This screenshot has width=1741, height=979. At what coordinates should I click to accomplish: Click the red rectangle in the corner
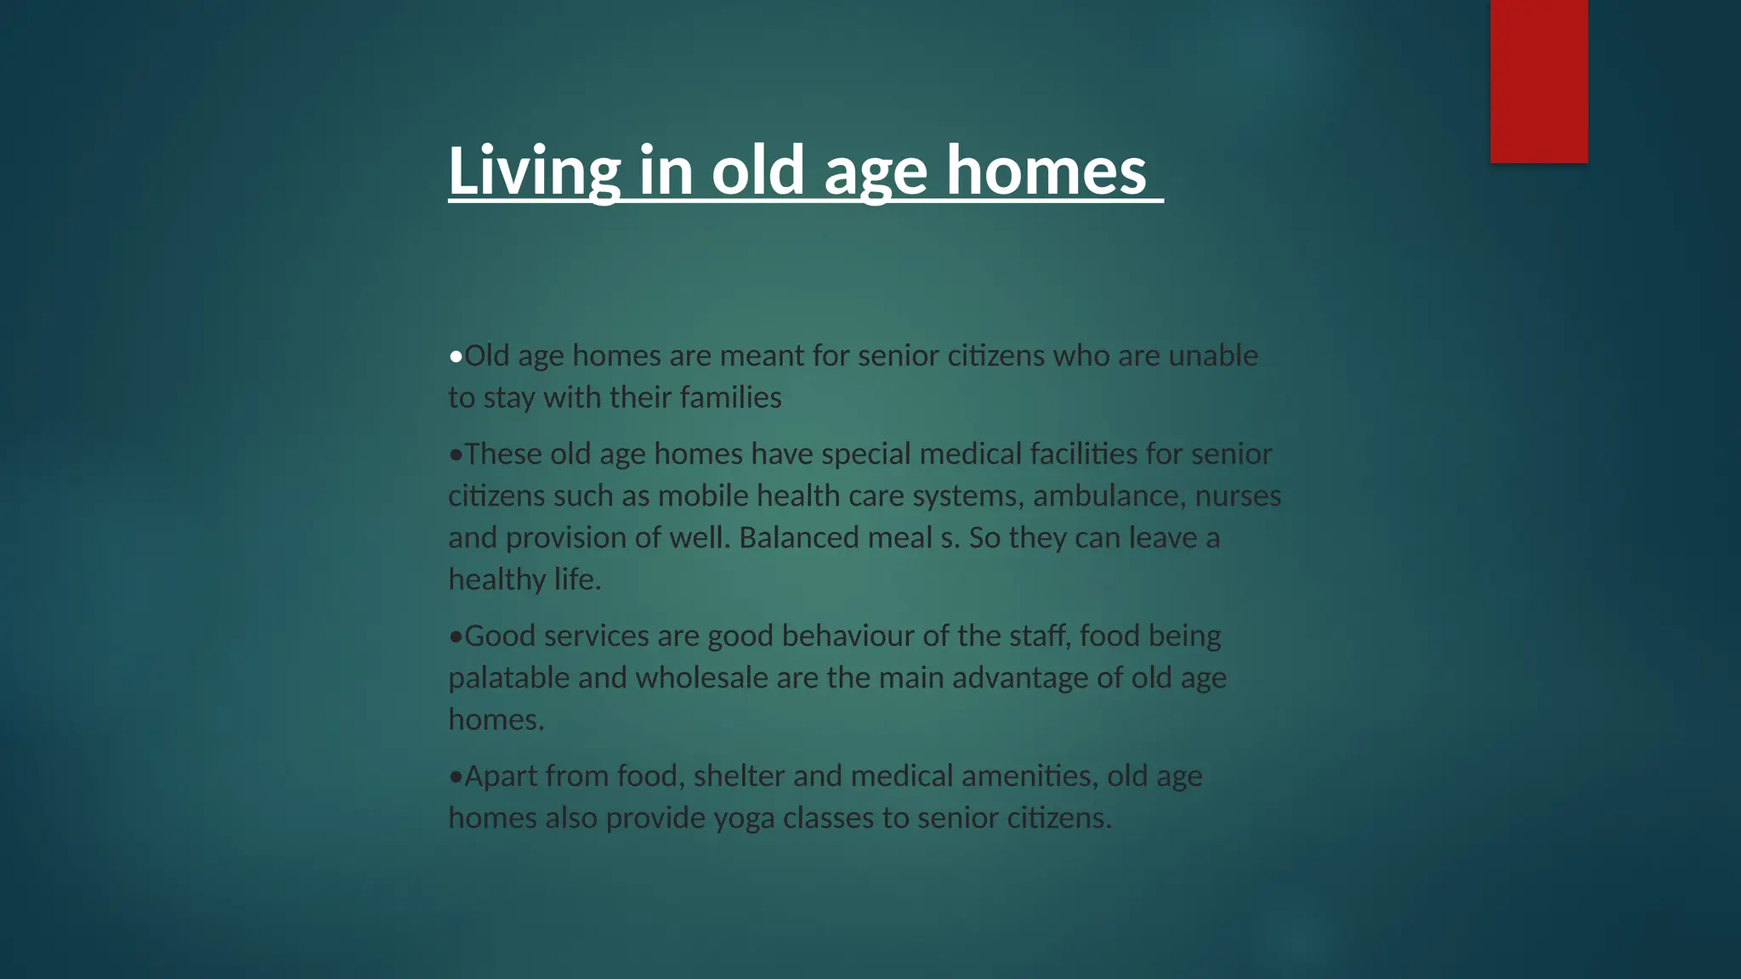tap(1539, 81)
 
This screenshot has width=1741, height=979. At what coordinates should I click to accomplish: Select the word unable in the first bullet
tap(1213, 355)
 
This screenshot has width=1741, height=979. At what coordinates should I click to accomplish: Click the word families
tap(730, 397)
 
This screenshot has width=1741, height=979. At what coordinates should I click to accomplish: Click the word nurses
tap(1238, 495)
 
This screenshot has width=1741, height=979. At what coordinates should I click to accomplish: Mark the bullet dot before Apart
tap(456, 777)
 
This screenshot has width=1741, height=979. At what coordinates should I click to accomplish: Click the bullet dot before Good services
tap(456, 637)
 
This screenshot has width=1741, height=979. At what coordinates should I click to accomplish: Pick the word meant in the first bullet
tap(762, 355)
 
